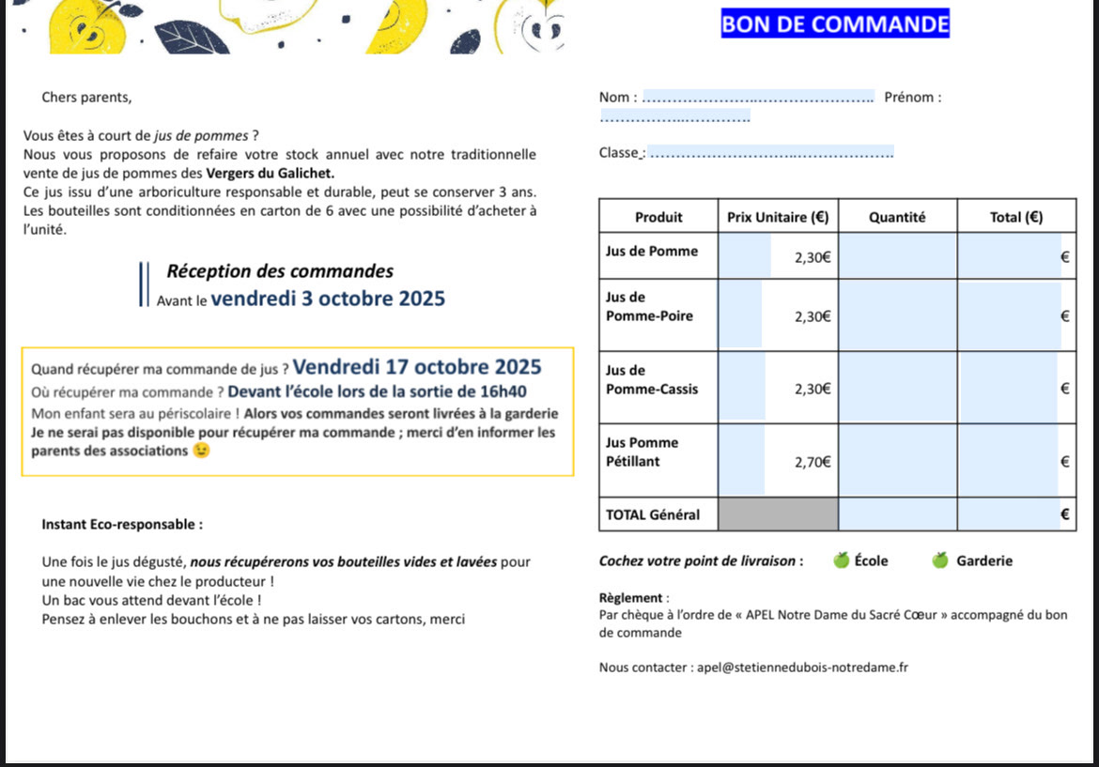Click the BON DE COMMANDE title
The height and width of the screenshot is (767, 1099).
click(x=835, y=24)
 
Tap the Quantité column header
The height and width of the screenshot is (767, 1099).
click(x=897, y=218)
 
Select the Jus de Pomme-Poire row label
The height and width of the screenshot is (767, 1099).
click(x=650, y=307)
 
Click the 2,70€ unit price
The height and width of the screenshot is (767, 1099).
click(x=813, y=461)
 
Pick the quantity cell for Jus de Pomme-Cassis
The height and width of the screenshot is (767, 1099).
click(x=897, y=387)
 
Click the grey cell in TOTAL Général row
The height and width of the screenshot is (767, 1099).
click(x=778, y=514)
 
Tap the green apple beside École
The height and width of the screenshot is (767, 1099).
click(x=842, y=560)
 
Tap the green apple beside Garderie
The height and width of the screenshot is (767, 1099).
click(x=940, y=560)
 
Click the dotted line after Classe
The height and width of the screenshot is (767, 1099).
click(x=771, y=154)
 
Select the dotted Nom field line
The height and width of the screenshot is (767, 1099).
click(x=761, y=98)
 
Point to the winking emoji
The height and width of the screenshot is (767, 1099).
click(x=201, y=451)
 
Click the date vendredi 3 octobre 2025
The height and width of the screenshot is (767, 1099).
click(x=328, y=299)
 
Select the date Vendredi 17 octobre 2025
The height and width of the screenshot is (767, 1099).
click(x=417, y=366)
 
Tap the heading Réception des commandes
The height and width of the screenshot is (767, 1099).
click(x=280, y=271)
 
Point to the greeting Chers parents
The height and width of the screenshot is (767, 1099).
click(x=86, y=98)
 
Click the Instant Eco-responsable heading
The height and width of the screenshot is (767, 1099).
click(x=122, y=525)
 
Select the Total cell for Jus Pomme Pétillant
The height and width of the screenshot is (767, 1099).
click(x=1014, y=460)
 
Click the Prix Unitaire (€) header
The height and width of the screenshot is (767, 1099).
click(x=778, y=218)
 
